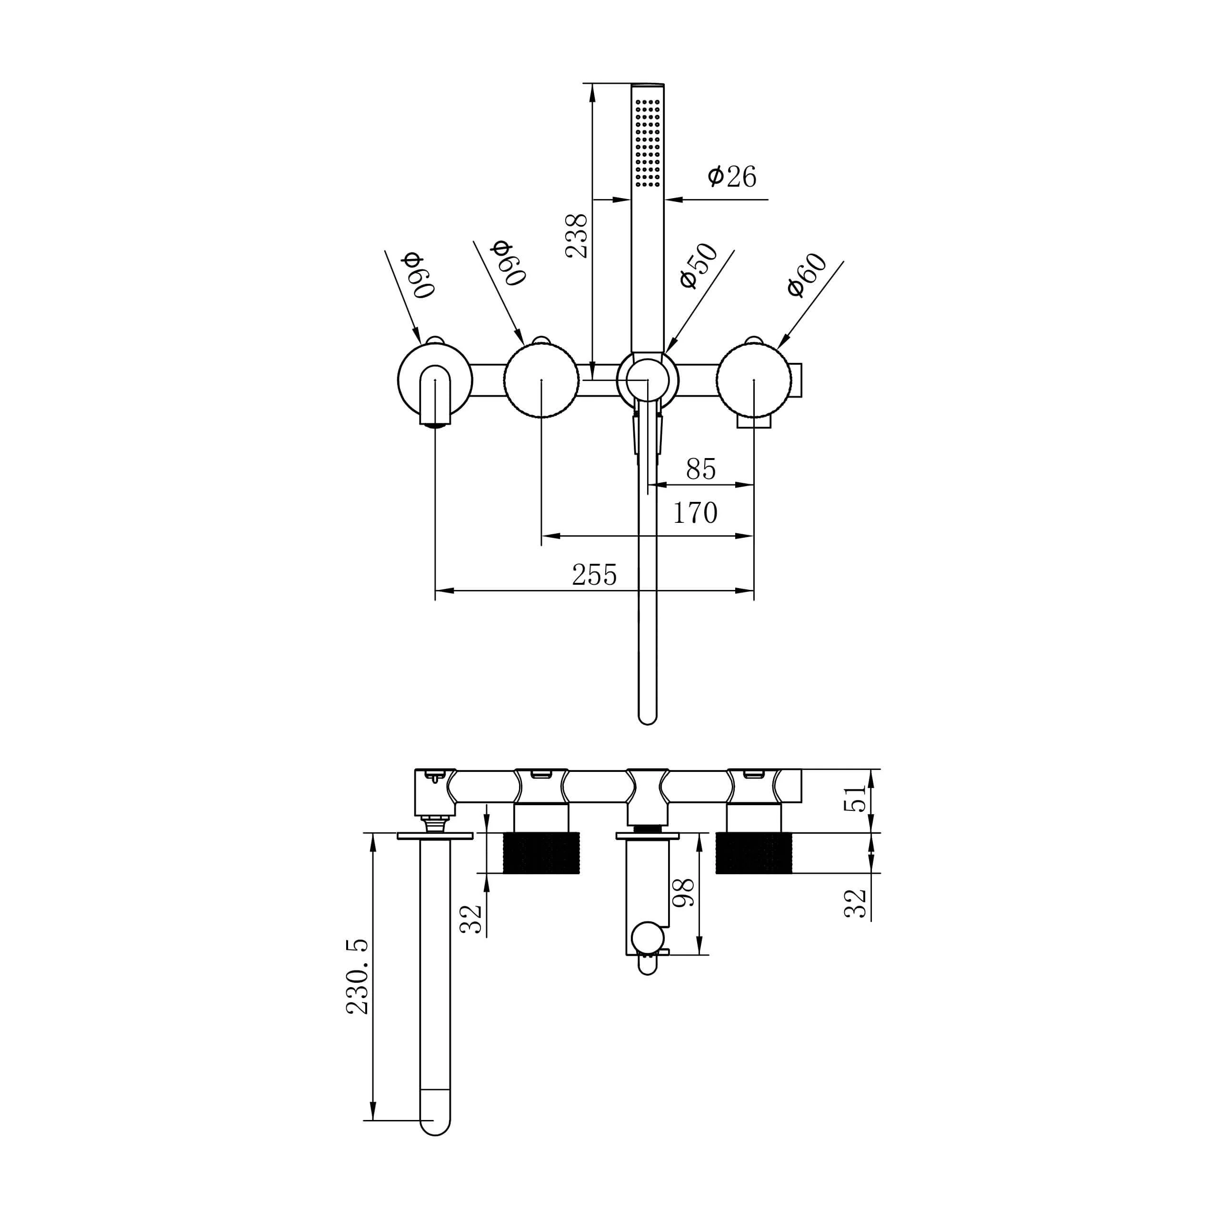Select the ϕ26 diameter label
pyautogui.click(x=732, y=176)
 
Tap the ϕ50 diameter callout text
pyautogui.click(x=699, y=266)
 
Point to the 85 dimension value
pyautogui.click(x=701, y=470)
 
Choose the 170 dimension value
pyautogui.click(x=695, y=512)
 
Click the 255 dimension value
pyautogui.click(x=594, y=574)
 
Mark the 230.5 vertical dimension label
pyautogui.click(x=358, y=976)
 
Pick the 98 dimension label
pyautogui.click(x=683, y=893)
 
